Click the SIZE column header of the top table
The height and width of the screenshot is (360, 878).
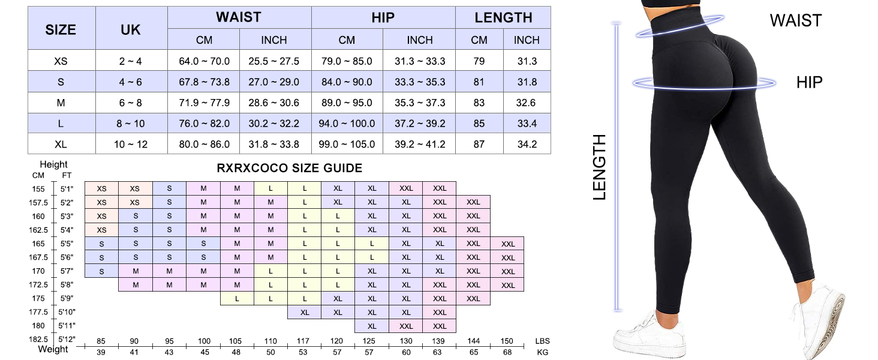click(61, 29)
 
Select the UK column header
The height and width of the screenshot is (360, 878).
click(131, 29)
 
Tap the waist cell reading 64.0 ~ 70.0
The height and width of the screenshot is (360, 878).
click(204, 61)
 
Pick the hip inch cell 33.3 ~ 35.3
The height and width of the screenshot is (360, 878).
click(420, 82)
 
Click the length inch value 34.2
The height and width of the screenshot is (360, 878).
click(527, 144)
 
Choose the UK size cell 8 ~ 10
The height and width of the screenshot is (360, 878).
click(131, 124)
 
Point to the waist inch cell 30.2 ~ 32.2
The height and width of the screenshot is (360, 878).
click(274, 124)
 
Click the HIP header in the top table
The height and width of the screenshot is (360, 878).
click(383, 17)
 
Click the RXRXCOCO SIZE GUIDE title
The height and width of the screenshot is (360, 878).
click(289, 169)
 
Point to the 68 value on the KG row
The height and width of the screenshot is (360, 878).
click(507, 352)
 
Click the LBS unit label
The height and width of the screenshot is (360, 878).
click(542, 341)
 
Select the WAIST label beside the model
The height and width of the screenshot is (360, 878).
click(795, 21)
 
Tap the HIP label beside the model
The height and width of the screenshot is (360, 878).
click(810, 83)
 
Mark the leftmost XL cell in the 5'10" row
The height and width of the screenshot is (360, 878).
click(305, 313)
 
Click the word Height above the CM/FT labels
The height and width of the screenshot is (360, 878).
click(53, 164)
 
